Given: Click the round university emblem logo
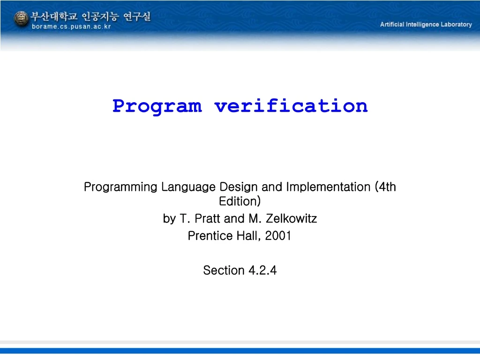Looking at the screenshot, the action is coord(21,18).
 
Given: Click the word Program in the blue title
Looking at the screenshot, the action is coord(157,106).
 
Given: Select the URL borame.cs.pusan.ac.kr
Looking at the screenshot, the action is coord(71,27).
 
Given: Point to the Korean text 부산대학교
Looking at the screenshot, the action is coord(54,16).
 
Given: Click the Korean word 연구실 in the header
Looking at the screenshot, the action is coord(137,16).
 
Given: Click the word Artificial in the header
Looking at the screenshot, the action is coord(392,24).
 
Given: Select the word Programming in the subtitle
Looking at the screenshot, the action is coord(120,187).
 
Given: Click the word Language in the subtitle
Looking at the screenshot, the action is coord(188,187).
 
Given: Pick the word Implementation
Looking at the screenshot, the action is coord(328,187).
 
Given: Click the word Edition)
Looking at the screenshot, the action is coord(240,201).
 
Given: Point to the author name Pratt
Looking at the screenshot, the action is coord(208,218).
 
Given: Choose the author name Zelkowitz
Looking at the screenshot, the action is coord(292,218).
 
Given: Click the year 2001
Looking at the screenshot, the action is coord(278,236).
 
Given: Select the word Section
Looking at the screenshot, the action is coord(224,270).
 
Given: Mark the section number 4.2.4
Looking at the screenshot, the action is coord(262,270).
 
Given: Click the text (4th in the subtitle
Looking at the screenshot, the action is coord(385,187).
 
